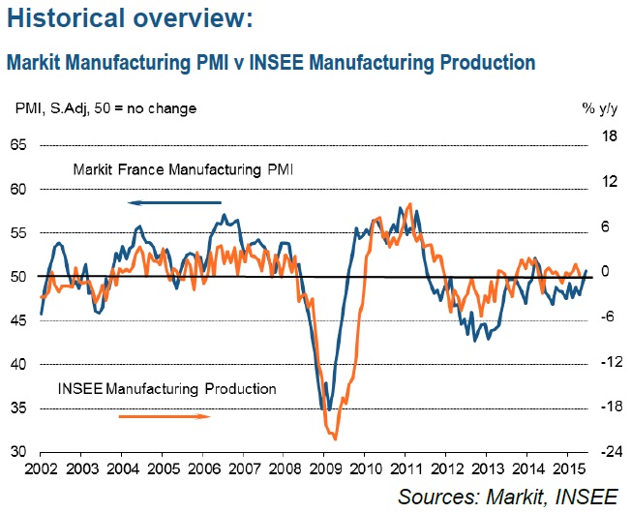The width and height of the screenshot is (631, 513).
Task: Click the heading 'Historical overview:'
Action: click(132, 17)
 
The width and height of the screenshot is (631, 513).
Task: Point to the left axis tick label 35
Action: click(20, 408)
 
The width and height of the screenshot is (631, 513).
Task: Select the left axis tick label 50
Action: click(20, 277)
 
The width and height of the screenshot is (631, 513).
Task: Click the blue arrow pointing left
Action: click(174, 202)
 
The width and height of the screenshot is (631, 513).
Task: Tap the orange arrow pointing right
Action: click(165, 416)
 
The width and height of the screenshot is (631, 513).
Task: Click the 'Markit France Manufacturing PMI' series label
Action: click(183, 170)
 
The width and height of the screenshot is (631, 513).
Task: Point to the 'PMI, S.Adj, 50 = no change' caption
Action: click(105, 108)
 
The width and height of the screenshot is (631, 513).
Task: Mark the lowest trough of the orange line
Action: click(336, 439)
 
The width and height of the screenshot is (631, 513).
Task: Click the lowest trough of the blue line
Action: click(328, 410)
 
